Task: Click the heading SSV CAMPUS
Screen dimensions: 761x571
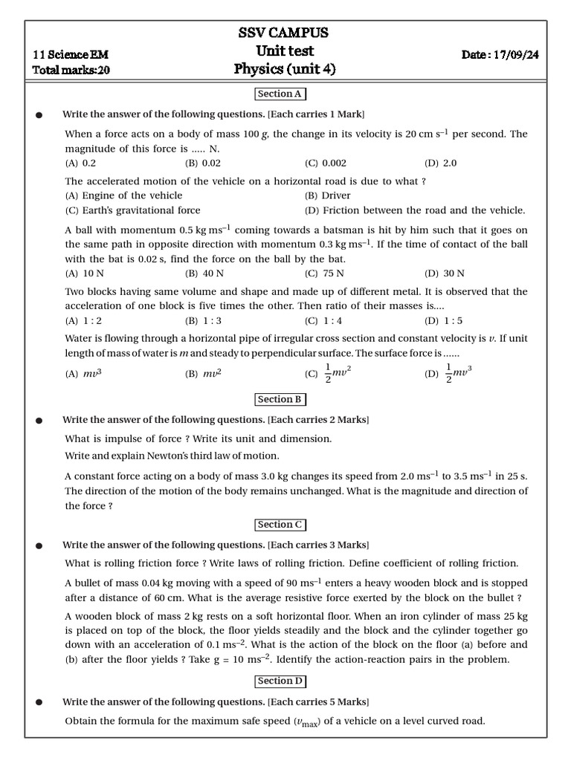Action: point(283,33)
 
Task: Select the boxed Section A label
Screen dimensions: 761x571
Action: point(280,94)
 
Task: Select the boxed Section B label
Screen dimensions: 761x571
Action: point(280,400)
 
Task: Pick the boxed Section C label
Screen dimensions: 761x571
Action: point(280,525)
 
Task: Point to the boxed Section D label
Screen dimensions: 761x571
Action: point(280,681)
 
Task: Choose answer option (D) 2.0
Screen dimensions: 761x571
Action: point(441,163)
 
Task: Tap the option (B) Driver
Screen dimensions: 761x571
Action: point(327,195)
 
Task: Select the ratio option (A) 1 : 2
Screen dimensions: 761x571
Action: point(83,321)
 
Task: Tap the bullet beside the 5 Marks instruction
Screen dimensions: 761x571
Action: point(39,702)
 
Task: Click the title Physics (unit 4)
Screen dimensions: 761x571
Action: point(285,69)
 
